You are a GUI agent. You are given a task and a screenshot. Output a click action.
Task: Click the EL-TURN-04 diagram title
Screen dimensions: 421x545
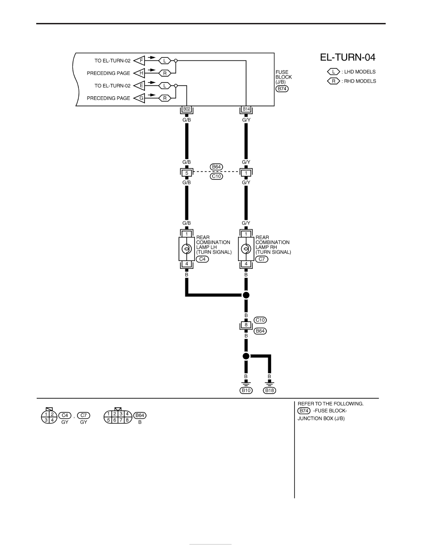(347, 57)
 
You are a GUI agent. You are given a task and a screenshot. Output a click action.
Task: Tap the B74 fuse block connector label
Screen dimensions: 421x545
(282, 89)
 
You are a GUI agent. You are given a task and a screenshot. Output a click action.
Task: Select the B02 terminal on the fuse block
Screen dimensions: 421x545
(187, 109)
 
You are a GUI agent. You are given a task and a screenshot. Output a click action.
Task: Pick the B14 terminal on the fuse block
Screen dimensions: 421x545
(246, 109)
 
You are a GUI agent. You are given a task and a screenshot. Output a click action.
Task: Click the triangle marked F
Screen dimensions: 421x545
(140, 61)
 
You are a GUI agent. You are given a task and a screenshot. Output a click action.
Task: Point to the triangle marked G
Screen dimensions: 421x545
(140, 98)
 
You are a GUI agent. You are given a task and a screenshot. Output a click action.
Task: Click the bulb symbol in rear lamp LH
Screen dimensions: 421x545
(187, 249)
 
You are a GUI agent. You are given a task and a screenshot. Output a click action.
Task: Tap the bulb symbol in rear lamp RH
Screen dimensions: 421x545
(246, 249)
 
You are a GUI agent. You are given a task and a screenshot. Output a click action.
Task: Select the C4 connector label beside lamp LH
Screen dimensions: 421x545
(203, 259)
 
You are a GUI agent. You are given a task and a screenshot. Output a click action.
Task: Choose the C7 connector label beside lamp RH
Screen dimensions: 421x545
(262, 259)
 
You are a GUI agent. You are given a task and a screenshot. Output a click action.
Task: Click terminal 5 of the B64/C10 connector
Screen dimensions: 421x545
(187, 173)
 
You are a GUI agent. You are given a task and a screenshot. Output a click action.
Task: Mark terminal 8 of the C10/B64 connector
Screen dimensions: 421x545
(246, 325)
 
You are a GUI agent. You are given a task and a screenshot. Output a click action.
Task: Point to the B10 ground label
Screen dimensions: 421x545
(246, 390)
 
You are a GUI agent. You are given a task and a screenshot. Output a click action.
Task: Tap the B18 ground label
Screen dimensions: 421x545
(270, 390)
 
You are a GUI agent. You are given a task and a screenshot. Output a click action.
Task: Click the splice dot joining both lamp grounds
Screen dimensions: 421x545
(246, 295)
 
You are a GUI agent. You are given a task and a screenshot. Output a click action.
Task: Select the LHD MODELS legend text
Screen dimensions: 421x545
(360, 72)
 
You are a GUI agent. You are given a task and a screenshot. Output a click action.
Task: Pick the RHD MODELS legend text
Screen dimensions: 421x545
(360, 81)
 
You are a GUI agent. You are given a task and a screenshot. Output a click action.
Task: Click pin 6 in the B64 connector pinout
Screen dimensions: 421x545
(115, 420)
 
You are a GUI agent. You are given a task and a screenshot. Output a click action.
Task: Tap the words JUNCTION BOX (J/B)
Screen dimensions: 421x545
(321, 418)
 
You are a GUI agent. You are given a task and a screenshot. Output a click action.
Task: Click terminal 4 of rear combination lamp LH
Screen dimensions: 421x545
(187, 264)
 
